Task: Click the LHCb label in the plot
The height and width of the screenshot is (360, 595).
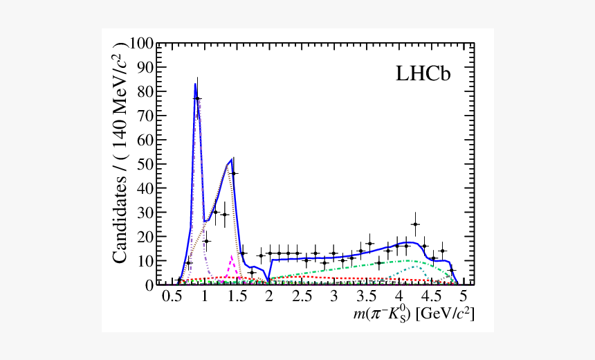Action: tap(423, 75)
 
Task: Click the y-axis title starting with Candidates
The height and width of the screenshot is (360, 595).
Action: tap(120, 152)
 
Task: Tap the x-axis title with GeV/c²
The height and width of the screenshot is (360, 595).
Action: tap(413, 314)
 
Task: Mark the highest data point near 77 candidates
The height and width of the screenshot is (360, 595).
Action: tap(197, 98)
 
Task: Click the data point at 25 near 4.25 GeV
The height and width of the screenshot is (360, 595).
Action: tap(415, 224)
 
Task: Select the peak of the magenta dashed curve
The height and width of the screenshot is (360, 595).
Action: tap(232, 256)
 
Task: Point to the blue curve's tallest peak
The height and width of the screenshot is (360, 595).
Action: tap(195, 84)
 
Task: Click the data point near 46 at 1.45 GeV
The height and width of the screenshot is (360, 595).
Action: tap(233, 173)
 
